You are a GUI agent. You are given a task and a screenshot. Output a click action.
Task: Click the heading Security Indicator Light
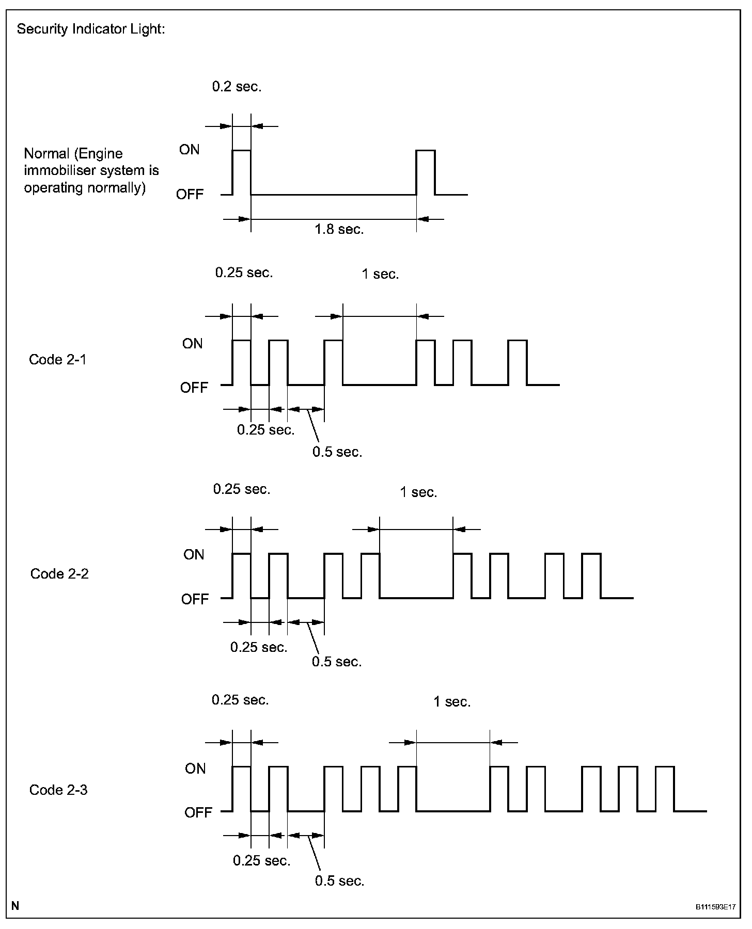coord(91,29)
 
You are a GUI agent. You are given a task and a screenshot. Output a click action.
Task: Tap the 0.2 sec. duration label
coord(237,87)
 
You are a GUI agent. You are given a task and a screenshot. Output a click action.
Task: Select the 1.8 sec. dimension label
coord(339,229)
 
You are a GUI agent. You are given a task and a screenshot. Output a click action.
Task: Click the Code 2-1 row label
coord(58,360)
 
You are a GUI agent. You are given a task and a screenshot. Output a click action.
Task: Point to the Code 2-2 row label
coord(59,573)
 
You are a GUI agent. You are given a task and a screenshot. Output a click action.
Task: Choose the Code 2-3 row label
coord(58,790)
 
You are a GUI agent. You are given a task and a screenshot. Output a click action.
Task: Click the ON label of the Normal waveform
coord(189,150)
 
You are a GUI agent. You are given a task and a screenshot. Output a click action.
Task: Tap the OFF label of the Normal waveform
coord(190,195)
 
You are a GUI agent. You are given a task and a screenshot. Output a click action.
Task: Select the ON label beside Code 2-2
coord(194,555)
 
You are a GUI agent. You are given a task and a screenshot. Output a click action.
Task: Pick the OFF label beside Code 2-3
coord(198,813)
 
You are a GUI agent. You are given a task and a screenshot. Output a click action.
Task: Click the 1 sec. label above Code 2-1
coord(380,274)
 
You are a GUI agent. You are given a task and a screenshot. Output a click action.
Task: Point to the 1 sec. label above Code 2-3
coord(452,702)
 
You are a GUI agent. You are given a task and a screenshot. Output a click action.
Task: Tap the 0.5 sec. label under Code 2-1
coord(337,452)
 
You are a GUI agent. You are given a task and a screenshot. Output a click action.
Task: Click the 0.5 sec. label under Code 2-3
coord(339,881)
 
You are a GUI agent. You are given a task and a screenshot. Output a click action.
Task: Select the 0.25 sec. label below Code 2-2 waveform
coord(259,647)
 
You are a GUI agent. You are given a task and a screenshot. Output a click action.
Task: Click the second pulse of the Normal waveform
coord(426,172)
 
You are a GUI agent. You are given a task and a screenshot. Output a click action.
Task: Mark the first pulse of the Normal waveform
coord(242,172)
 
